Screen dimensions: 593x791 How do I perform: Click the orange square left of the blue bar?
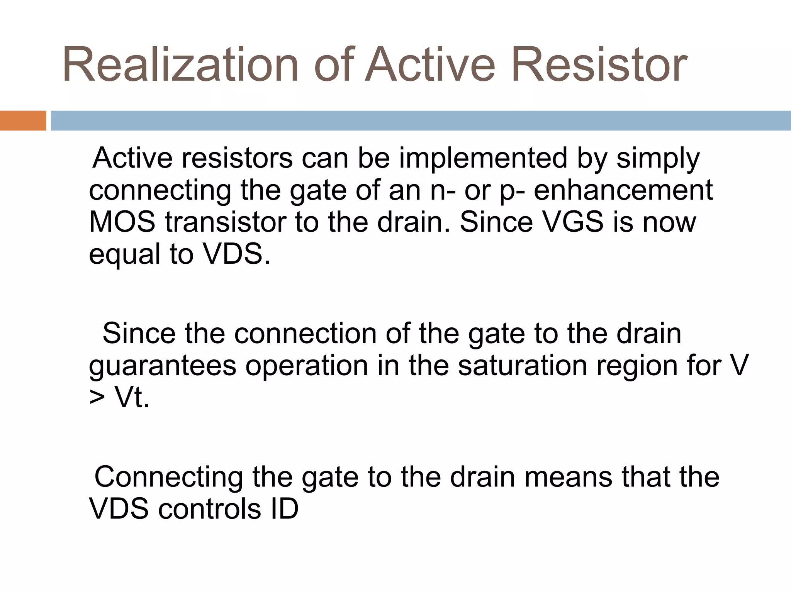pyautogui.click(x=23, y=120)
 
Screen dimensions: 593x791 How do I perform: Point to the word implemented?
pyautogui.click(x=483, y=158)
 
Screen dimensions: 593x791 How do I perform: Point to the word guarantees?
pyautogui.click(x=162, y=366)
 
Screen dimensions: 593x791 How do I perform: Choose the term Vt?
pyautogui.click(x=131, y=397)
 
